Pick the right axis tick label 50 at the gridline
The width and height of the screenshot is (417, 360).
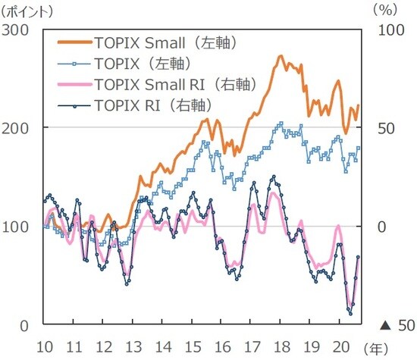pos(387,127)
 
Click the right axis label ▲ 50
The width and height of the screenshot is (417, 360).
pos(396,325)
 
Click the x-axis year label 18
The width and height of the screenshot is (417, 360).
pos(281,344)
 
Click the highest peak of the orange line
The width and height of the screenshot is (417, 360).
pos(281,56)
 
